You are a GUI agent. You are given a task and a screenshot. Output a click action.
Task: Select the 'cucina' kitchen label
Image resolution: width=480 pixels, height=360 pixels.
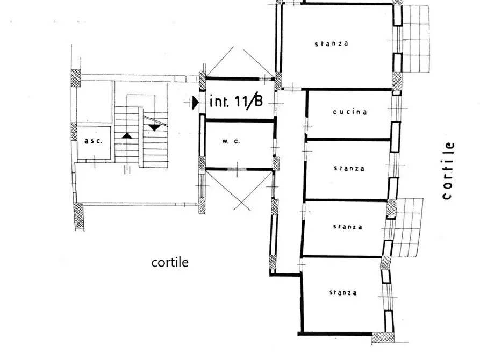click(x=350, y=112)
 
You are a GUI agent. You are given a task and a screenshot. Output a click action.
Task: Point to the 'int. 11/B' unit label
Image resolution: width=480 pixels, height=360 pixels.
click(x=235, y=101)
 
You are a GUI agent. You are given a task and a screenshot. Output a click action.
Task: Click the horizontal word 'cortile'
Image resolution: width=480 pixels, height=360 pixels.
click(x=170, y=262)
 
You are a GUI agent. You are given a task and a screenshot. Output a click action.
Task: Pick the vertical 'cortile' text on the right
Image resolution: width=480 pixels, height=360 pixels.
click(x=448, y=170)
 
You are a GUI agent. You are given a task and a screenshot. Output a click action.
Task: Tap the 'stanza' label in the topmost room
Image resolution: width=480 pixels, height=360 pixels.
click(x=331, y=44)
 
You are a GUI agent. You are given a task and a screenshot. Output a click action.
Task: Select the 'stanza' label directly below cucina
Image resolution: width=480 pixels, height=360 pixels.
click(x=349, y=168)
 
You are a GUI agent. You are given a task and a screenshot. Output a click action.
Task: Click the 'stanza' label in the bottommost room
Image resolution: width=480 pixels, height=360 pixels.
click(x=343, y=293)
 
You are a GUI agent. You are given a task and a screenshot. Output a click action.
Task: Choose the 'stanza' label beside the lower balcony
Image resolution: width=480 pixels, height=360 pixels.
click(x=346, y=227)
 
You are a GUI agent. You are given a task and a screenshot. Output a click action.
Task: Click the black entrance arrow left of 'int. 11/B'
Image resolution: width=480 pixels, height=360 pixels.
click(x=196, y=102)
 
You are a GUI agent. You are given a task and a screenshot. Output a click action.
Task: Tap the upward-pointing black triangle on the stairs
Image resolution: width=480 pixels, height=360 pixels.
click(x=127, y=135)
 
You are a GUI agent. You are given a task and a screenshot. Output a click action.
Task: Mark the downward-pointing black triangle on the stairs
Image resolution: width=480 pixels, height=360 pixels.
click(x=155, y=127)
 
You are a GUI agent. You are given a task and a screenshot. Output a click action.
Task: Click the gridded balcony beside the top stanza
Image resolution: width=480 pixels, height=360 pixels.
click(x=416, y=39)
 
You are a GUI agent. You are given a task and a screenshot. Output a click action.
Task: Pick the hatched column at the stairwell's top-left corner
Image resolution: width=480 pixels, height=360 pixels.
click(x=76, y=75)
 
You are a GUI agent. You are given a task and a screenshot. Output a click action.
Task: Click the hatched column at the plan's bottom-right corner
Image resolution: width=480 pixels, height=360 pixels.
click(x=383, y=338)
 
